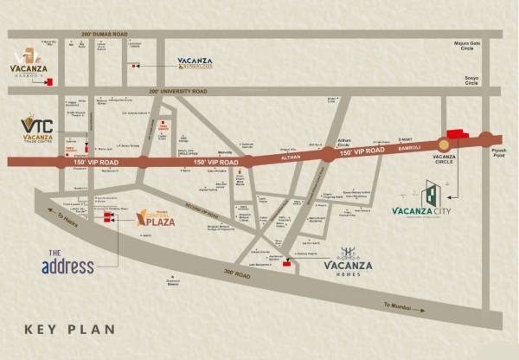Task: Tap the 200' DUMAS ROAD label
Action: (x=105, y=34)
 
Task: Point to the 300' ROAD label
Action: (x=236, y=274)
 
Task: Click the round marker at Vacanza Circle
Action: (x=444, y=142)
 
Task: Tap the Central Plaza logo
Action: (x=156, y=218)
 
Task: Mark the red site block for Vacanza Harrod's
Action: (x=50, y=82)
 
